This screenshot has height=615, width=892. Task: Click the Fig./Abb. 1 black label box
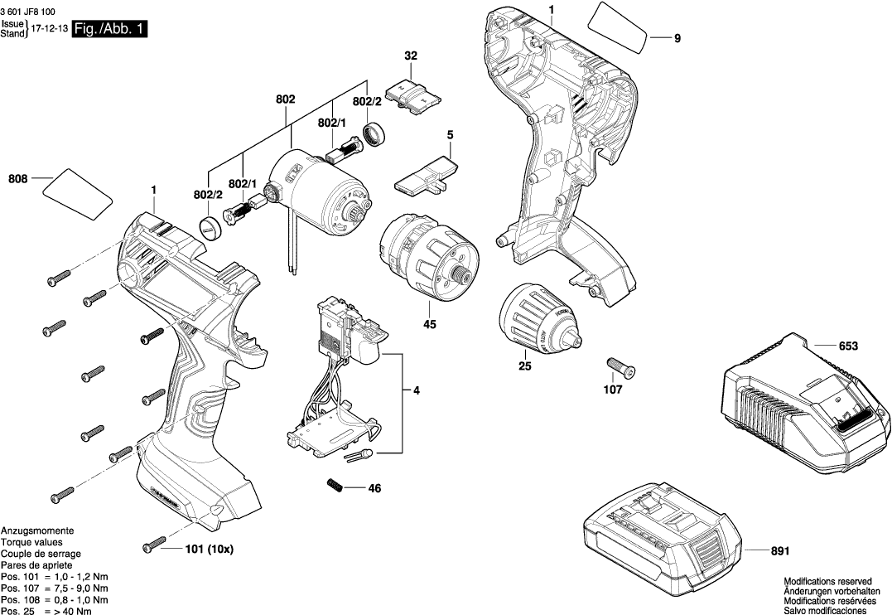(110, 30)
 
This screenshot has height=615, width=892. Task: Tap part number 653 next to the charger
(847, 346)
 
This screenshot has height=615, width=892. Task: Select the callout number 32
(411, 56)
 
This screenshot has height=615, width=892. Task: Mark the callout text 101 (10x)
(210, 549)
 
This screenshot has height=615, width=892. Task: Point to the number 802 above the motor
(286, 99)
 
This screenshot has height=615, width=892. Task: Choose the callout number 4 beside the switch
(417, 390)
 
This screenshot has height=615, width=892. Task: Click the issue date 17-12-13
(50, 28)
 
